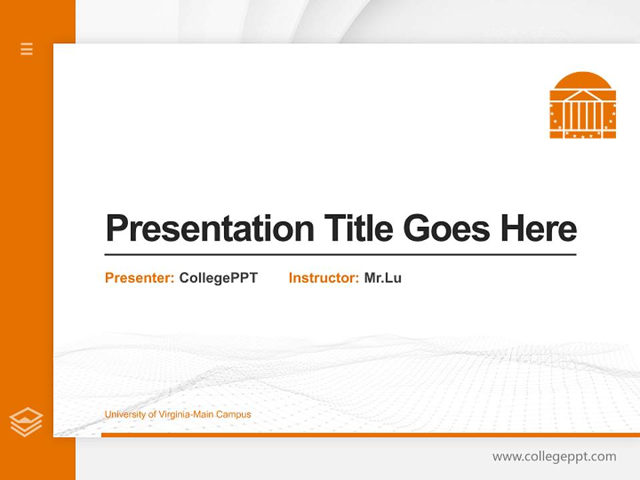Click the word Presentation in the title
[x=210, y=229]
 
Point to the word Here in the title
[x=538, y=229]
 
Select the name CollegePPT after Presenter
[x=218, y=278]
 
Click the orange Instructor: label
[x=323, y=278]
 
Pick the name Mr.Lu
[x=383, y=278]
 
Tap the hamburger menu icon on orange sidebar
[x=27, y=49]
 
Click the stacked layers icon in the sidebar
[x=26, y=422]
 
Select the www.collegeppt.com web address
[x=554, y=457]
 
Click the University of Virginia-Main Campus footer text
[x=177, y=415]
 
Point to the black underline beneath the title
[x=340, y=254]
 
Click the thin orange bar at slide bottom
[x=370, y=435]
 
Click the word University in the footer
[x=124, y=415]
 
